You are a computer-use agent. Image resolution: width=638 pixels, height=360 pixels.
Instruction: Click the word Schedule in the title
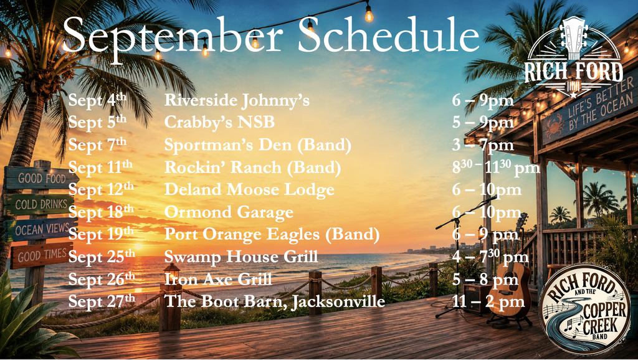389,35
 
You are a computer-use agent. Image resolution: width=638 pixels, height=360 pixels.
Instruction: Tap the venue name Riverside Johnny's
237,100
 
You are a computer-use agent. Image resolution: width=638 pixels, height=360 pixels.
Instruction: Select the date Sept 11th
100,167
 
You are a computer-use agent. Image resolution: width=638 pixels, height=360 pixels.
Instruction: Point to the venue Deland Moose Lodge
249,189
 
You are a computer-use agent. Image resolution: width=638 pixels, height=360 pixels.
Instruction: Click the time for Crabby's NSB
483,123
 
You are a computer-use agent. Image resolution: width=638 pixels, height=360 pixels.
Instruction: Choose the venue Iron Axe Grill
218,279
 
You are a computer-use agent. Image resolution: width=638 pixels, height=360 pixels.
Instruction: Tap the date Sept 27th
102,301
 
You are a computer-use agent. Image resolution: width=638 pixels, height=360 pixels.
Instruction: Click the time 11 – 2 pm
488,301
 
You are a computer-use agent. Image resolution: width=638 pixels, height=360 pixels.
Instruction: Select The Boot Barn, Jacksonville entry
275,302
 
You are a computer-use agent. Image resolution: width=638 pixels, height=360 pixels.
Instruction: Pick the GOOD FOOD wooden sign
41,178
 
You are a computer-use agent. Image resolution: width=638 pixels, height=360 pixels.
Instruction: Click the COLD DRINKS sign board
39,204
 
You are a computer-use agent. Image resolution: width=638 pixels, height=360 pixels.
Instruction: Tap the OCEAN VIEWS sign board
40,230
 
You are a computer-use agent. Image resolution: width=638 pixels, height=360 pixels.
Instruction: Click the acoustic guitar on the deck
510,277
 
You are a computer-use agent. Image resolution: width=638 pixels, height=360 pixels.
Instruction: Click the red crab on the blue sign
554,126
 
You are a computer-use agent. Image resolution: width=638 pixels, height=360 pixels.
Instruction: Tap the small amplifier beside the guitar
477,298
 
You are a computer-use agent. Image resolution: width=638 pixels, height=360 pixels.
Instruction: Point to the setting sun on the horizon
138,247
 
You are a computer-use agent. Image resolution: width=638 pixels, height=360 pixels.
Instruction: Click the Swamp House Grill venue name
241,257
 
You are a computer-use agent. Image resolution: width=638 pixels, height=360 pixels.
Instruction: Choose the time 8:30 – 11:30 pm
496,168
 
